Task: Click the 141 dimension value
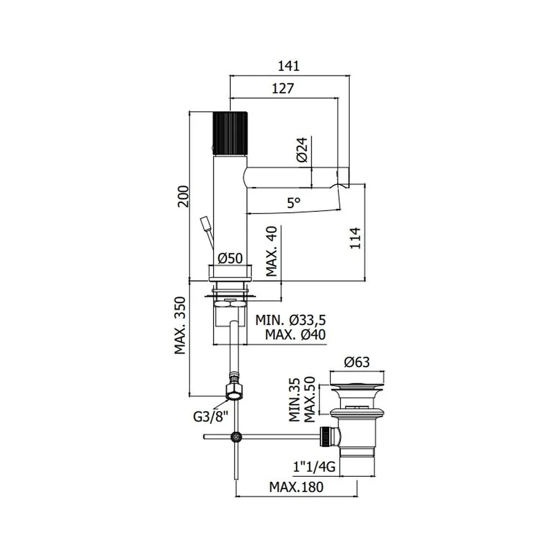(x=289, y=67)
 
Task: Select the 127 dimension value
(x=283, y=88)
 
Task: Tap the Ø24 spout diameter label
(x=302, y=150)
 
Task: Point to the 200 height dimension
(x=183, y=196)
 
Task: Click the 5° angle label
(x=294, y=203)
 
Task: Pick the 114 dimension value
(x=355, y=238)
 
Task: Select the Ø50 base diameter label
(x=230, y=258)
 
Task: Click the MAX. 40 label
(x=272, y=251)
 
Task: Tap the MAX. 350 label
(x=180, y=325)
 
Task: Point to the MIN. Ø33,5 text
(x=291, y=320)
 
